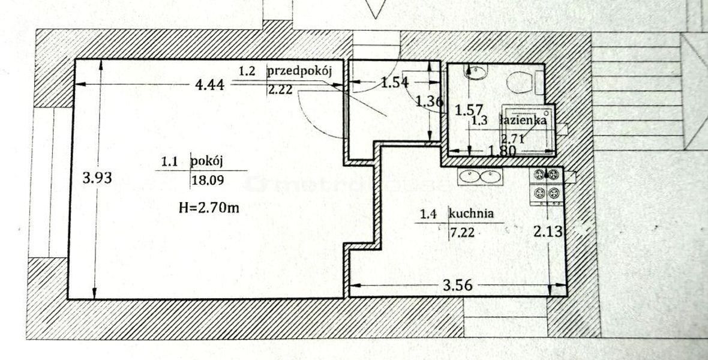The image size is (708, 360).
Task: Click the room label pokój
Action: point(208,162)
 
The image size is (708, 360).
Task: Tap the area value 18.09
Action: point(208,181)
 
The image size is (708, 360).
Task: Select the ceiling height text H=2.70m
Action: point(209,208)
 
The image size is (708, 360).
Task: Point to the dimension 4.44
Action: point(209,85)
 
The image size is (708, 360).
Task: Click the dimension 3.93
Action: point(97,178)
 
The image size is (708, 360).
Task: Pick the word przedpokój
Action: point(300,71)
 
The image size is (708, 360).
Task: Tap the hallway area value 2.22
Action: point(280,90)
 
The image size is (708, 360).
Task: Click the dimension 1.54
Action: point(395,82)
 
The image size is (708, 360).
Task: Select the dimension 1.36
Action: point(429,101)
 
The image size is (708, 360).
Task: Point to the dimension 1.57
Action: point(469,110)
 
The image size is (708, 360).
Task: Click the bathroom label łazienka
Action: point(524,120)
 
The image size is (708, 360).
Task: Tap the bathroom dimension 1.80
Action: point(502,151)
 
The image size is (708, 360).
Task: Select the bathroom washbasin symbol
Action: point(477,72)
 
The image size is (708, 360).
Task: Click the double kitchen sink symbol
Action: point(479,176)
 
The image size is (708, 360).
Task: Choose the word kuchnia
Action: point(471,214)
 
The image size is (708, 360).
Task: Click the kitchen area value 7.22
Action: point(463,233)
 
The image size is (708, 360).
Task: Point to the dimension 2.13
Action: point(548,232)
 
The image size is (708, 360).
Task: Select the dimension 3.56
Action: point(457,285)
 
